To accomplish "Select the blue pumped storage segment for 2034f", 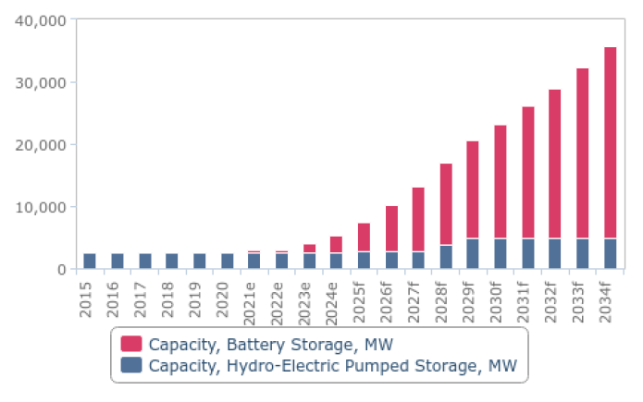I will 610,254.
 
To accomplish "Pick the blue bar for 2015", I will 90,261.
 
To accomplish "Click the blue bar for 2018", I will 172,261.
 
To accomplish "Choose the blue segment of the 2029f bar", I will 473,254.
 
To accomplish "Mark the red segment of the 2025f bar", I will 364,238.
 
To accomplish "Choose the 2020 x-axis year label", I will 227,294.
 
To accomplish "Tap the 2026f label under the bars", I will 390,298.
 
